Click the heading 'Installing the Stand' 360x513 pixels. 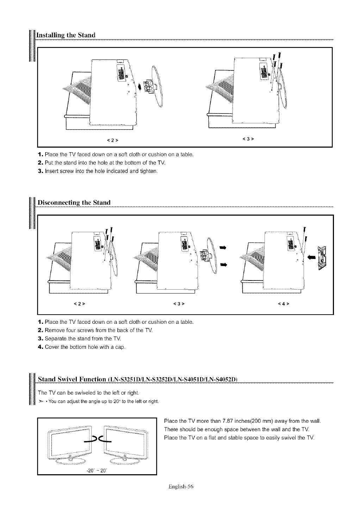tap(67, 35)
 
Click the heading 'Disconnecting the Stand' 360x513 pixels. tap(74, 202)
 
